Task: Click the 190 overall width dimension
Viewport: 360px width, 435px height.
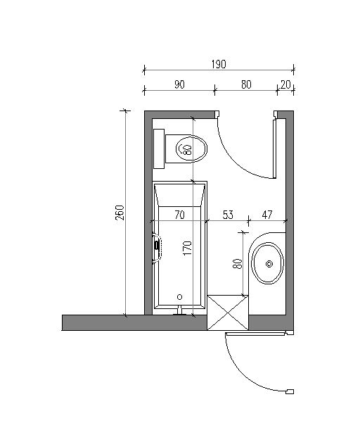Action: (219, 64)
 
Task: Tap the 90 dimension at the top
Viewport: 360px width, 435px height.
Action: (179, 84)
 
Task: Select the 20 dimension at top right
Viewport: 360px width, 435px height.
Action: (285, 84)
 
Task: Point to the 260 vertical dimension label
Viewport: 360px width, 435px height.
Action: (120, 213)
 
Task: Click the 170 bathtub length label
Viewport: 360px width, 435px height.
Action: (188, 248)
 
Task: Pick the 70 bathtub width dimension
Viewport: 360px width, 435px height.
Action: (179, 215)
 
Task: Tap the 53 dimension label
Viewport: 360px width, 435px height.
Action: (228, 215)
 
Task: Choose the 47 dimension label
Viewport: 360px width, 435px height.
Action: (267, 215)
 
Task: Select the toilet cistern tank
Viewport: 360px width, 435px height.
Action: (159, 149)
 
